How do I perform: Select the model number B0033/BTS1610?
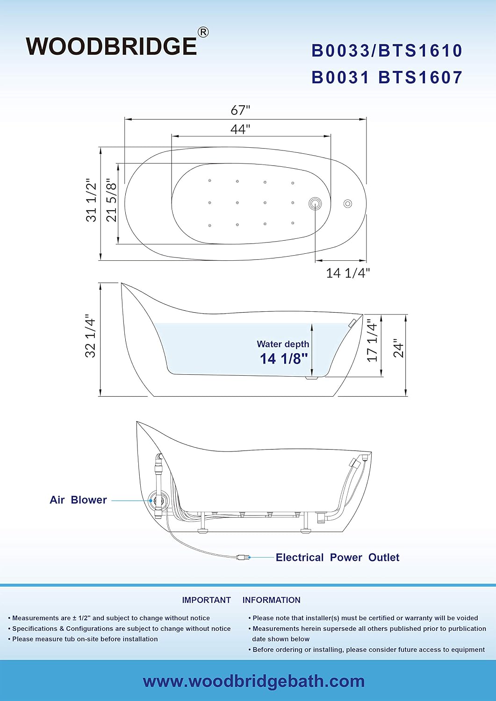pyautogui.click(x=387, y=50)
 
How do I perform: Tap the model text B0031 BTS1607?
pyautogui.click(x=387, y=77)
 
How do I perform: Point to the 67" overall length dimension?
pyautogui.click(x=240, y=110)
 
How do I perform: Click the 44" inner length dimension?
pyautogui.click(x=240, y=129)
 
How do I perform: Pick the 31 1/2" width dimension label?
pyautogui.click(x=92, y=200)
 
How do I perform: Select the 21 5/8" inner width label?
pyautogui.click(x=111, y=200)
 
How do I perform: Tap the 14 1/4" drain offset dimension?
pyautogui.click(x=348, y=273)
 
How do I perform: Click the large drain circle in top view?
pyautogui.click(x=315, y=204)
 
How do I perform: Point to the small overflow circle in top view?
pyautogui.click(x=348, y=204)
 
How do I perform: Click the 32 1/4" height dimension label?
pyautogui.click(x=91, y=338)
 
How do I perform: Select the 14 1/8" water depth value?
pyautogui.click(x=284, y=358)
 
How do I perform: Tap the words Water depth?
pyautogui.click(x=283, y=344)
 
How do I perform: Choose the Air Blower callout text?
pyautogui.click(x=78, y=500)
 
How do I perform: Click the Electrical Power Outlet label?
pyautogui.click(x=337, y=558)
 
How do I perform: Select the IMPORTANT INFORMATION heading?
pyautogui.click(x=241, y=600)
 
